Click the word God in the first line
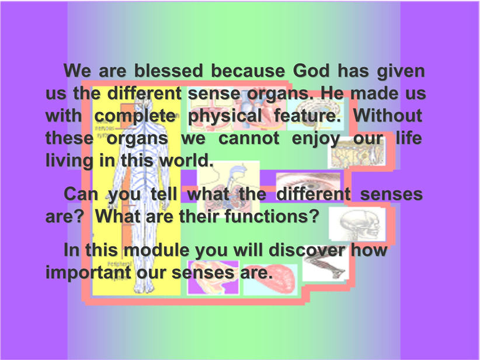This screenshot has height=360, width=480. pyautogui.click(x=311, y=71)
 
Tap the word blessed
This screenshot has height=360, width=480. pyautogui.click(x=169, y=71)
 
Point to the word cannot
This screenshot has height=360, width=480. pyautogui.click(x=249, y=138)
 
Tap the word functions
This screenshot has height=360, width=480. pyautogui.click(x=272, y=216)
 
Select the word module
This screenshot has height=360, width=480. pyautogui.click(x=156, y=250)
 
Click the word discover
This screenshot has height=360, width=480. pyautogui.click(x=307, y=250)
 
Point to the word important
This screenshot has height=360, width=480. pyautogui.click(x=88, y=273)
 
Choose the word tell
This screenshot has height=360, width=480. pyautogui.click(x=164, y=194)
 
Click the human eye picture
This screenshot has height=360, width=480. pyautogui.click(x=308, y=186)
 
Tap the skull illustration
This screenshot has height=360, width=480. pyautogui.click(x=357, y=224)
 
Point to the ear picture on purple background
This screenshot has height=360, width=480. pyautogui.click(x=213, y=278)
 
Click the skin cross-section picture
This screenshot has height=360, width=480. pyautogui.click(x=356, y=153)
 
